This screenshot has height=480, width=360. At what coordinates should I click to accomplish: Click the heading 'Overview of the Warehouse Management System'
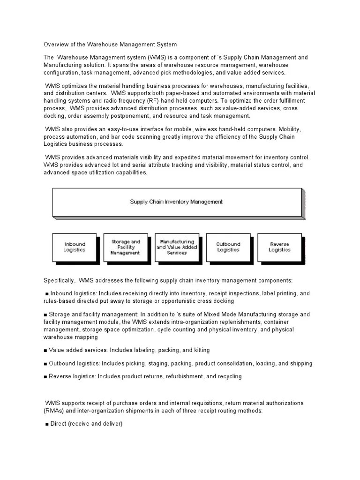[x=110, y=45]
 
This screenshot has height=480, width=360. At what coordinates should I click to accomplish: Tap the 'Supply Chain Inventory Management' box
[x=176, y=202]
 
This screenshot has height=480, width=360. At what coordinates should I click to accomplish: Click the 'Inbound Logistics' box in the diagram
[x=75, y=247]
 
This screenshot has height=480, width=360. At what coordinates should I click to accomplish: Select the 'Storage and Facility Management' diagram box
[x=125, y=247]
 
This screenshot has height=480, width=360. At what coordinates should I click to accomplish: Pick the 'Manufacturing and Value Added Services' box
[x=177, y=247]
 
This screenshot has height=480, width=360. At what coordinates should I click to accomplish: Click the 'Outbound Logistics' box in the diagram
[x=228, y=247]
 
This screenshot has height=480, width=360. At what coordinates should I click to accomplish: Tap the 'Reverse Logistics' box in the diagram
[x=279, y=247]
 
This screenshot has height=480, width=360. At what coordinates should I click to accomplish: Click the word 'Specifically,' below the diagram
[x=60, y=280]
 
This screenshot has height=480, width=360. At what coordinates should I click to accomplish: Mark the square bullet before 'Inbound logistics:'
[x=47, y=294]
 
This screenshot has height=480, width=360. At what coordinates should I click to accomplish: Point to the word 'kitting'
[x=199, y=350]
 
